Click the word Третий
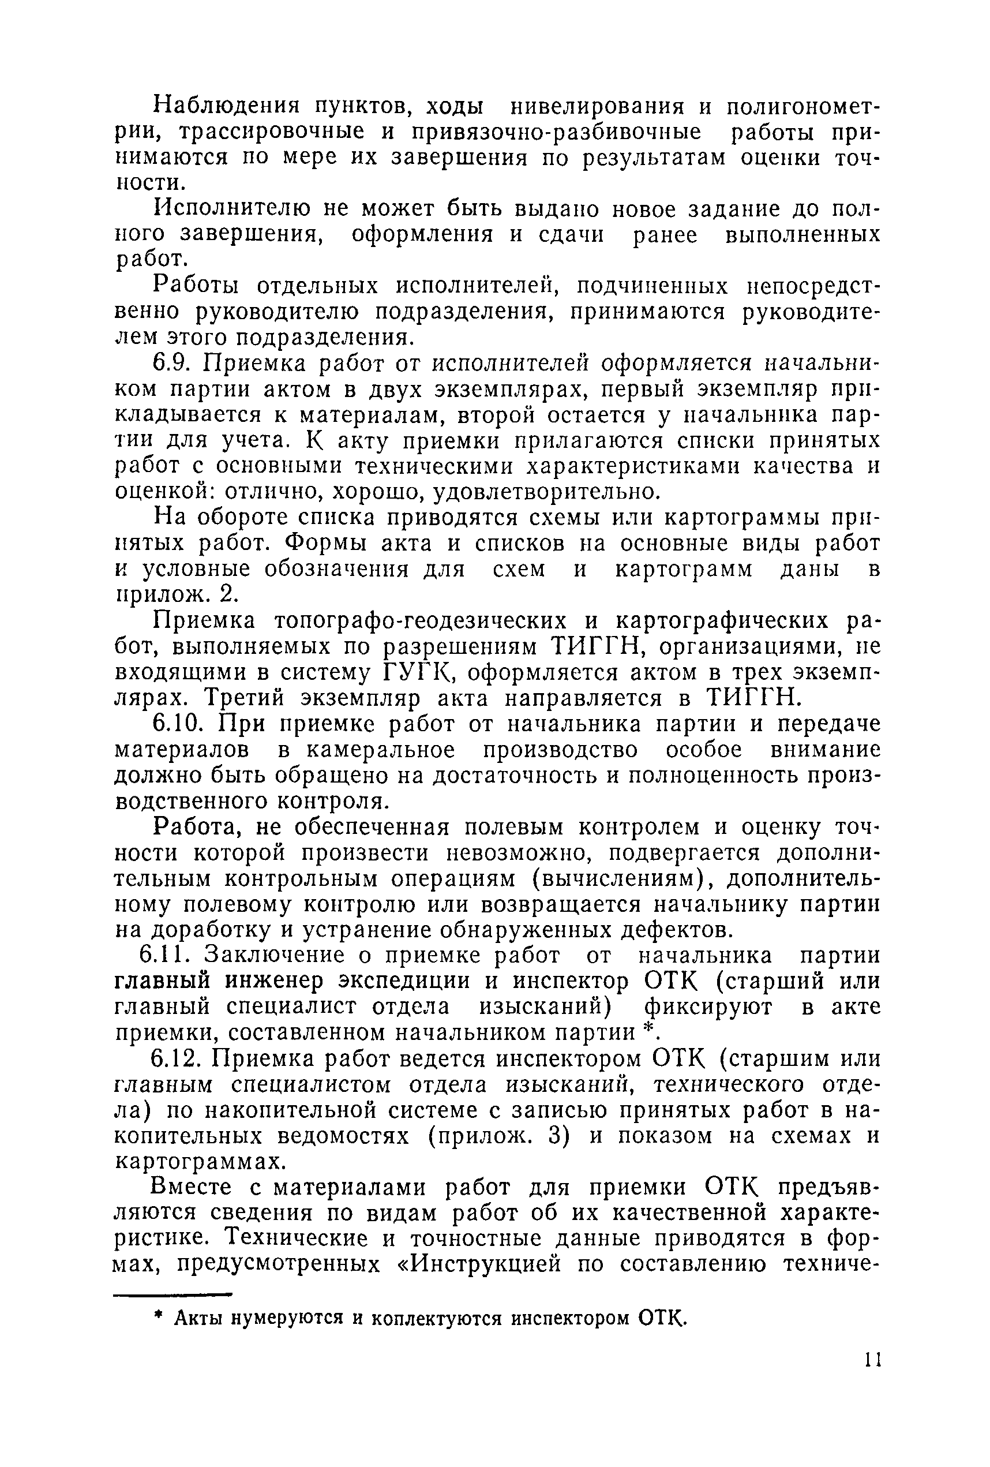pyautogui.click(x=243, y=698)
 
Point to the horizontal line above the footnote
pyautogui.click(x=172, y=1294)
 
